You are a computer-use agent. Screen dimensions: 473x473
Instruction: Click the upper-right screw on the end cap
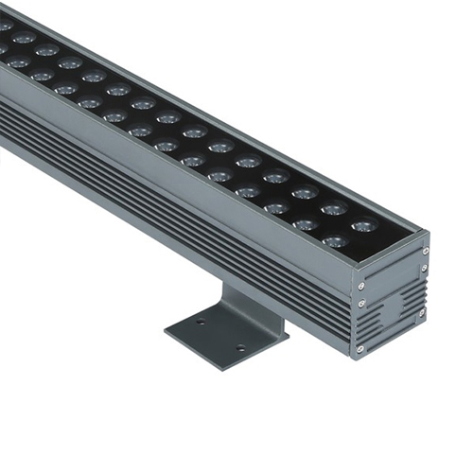point(425,251)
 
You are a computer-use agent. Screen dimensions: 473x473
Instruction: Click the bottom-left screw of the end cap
point(359,349)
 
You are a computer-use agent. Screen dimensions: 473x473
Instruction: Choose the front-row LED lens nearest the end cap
point(335,241)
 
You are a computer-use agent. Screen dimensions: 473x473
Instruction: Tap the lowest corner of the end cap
point(360,360)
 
